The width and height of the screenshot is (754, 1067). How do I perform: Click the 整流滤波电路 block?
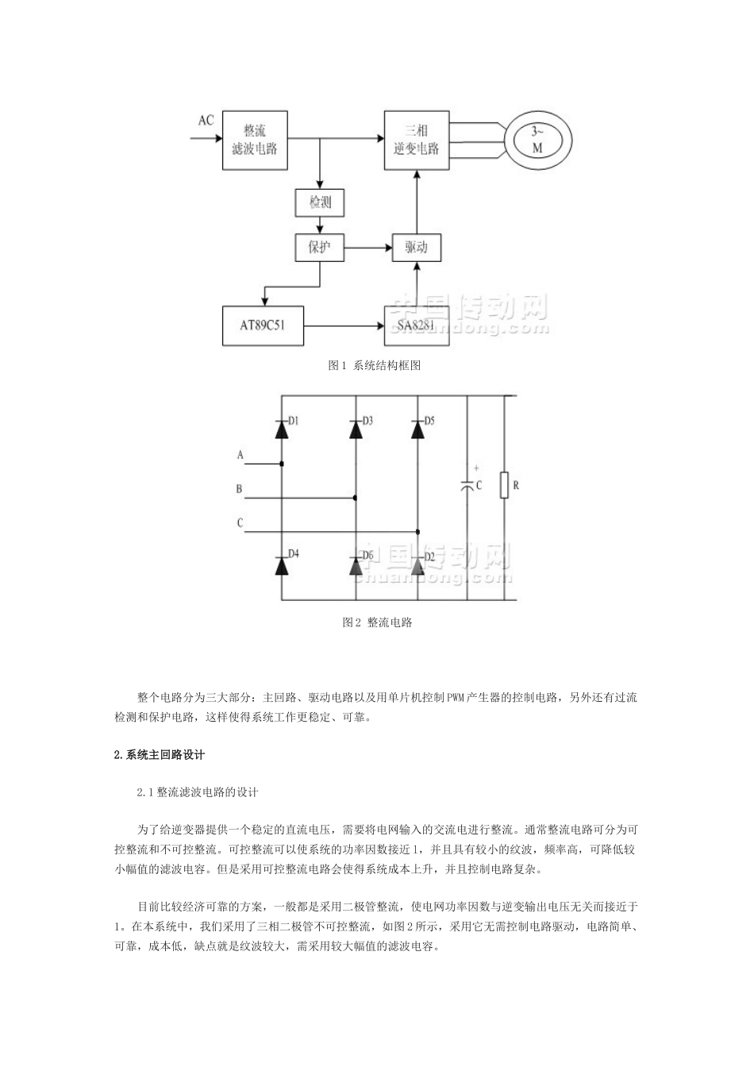[x=255, y=140]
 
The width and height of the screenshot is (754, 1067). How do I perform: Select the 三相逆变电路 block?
[x=416, y=139]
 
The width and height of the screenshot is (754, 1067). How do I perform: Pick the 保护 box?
[x=320, y=248]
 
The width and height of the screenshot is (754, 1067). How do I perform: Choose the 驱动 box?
[x=416, y=248]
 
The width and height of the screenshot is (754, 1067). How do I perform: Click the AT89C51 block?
[x=263, y=326]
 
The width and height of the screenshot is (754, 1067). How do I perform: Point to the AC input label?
[x=206, y=121]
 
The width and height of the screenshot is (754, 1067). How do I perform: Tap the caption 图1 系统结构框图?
[x=374, y=366]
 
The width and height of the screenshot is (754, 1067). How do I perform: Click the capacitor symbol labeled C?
[x=468, y=485]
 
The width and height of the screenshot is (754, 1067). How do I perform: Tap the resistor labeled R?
[x=504, y=485]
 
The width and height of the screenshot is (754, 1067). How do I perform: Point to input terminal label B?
[x=239, y=490]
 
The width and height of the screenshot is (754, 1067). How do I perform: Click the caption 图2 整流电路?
[x=378, y=622]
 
